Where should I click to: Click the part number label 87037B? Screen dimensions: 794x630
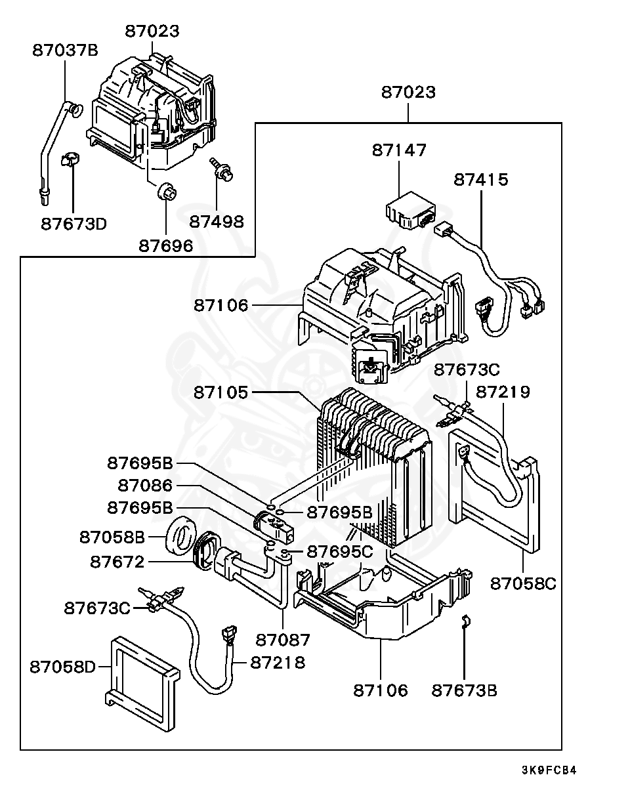pyautogui.click(x=65, y=50)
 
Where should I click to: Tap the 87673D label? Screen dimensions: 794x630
pyautogui.click(x=73, y=224)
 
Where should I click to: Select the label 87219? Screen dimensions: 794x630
pyautogui.click(x=503, y=392)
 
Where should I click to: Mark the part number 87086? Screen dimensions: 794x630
pyautogui.click(x=145, y=486)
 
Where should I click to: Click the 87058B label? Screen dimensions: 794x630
pyautogui.click(x=112, y=537)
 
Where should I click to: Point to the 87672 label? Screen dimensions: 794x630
pyautogui.click(x=117, y=562)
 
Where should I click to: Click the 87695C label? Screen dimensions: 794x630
pyautogui.click(x=340, y=551)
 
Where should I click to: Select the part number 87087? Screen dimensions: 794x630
pyautogui.click(x=283, y=639)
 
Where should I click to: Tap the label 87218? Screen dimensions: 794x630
pyautogui.click(x=278, y=663)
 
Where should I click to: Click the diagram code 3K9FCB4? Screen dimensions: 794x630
pyautogui.click(x=549, y=770)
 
